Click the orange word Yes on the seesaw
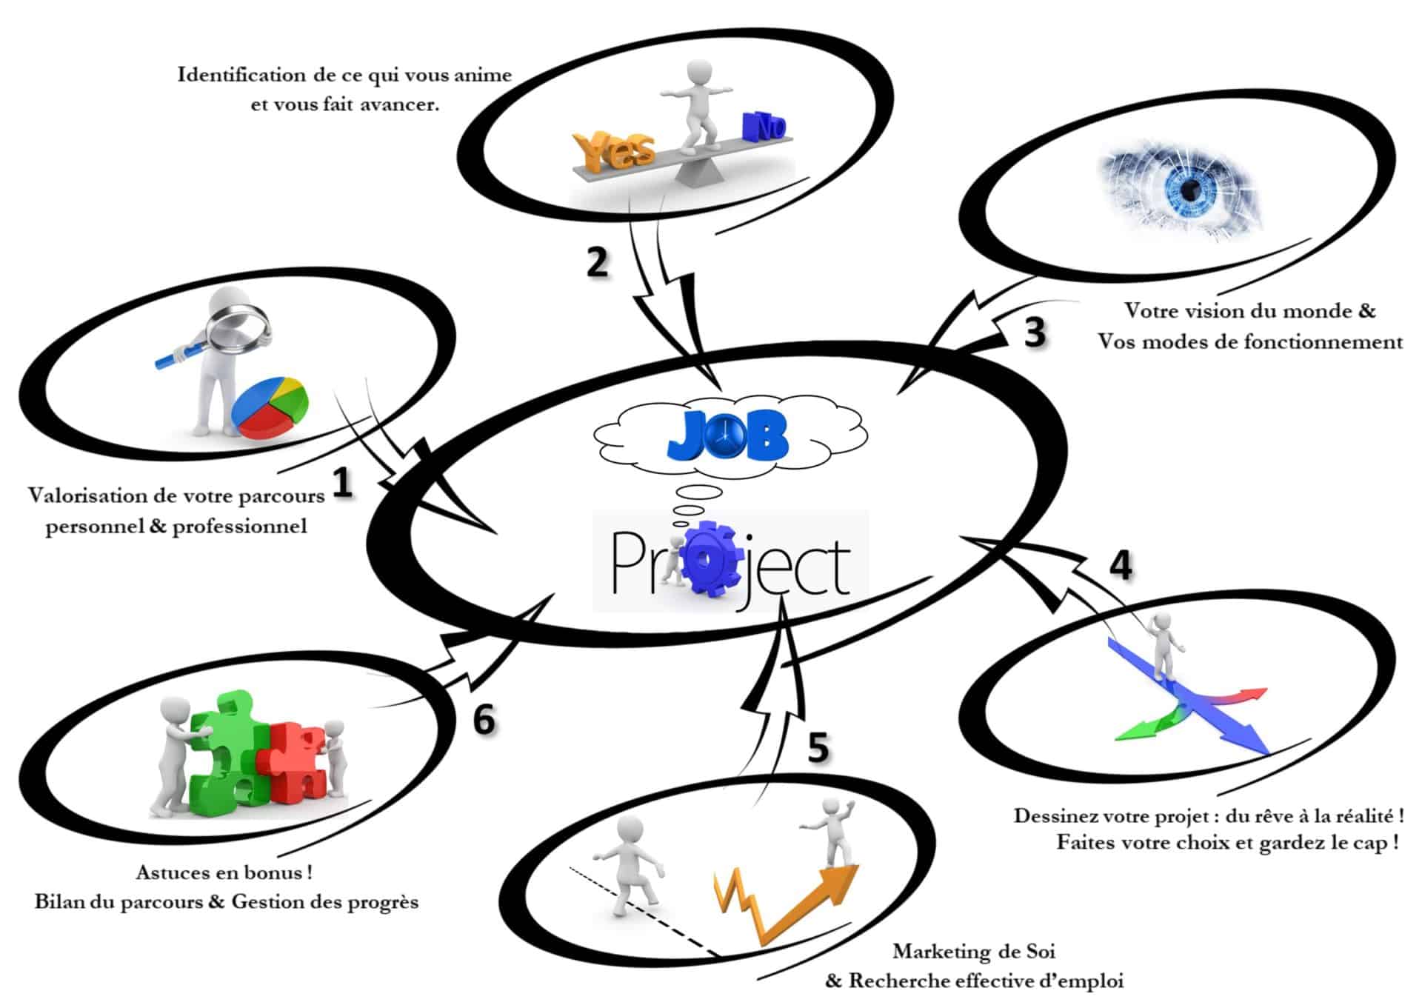click(x=614, y=151)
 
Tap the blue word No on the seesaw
click(x=763, y=127)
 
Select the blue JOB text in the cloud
click(x=728, y=437)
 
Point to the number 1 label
click(x=341, y=483)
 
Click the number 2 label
click(x=597, y=262)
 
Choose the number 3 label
click(x=1035, y=332)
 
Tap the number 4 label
click(x=1121, y=566)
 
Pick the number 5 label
click(x=818, y=748)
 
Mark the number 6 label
click(x=484, y=720)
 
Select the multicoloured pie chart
click(x=270, y=407)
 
